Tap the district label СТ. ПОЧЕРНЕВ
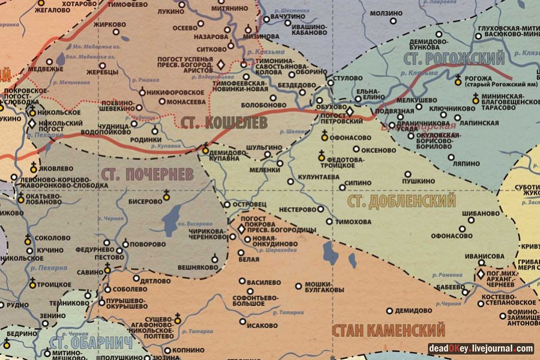148,175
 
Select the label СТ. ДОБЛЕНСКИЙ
401,200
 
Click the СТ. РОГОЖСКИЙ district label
454,59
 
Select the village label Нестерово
294,209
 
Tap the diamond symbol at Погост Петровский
350,112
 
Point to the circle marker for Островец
227,205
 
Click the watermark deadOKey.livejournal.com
481,348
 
